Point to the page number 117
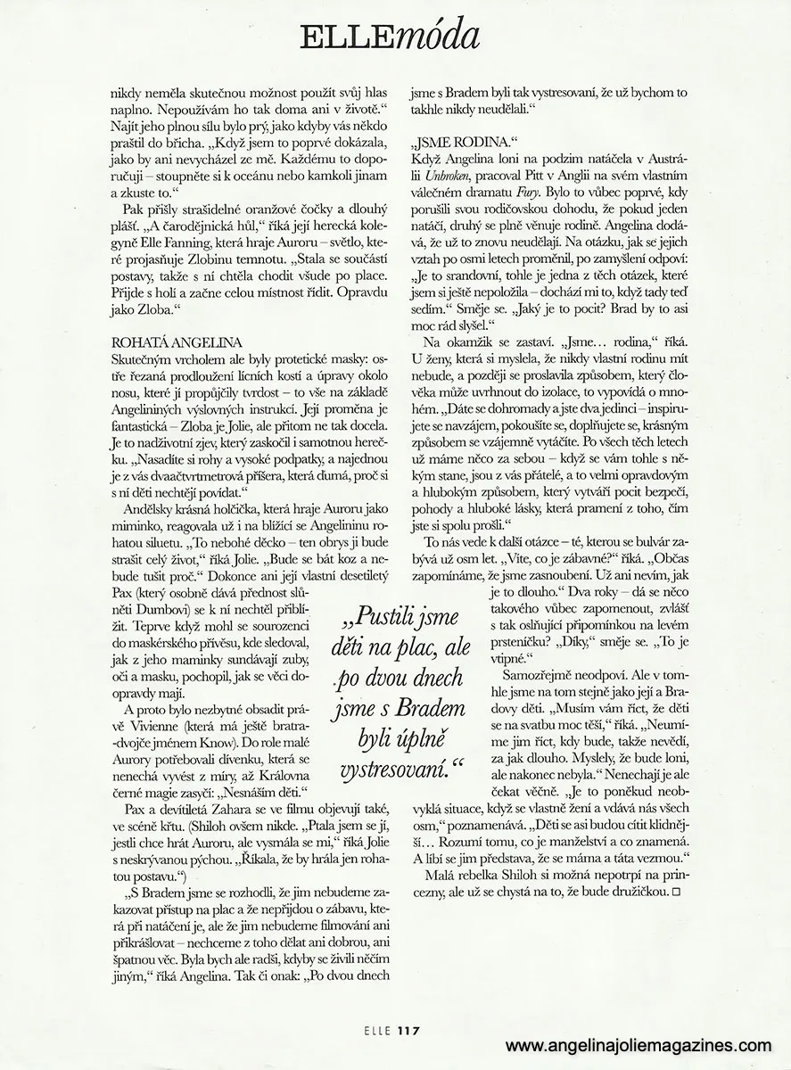coord(409,1031)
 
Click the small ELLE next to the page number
coord(378,1031)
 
